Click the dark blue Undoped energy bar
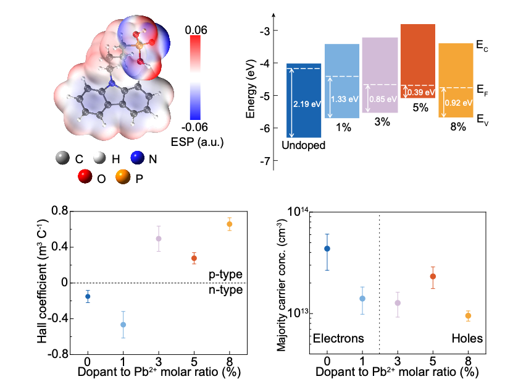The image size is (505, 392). click(x=304, y=100)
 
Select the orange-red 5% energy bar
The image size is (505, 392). click(x=418, y=61)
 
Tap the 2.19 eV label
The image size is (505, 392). click(x=307, y=104)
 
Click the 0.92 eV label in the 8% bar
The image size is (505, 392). click(x=459, y=103)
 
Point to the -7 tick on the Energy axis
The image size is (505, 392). click(x=265, y=161)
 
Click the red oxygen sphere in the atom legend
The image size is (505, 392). click(x=85, y=176)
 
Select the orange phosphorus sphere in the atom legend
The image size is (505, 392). click(x=123, y=177)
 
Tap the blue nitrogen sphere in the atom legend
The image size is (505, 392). click(x=138, y=158)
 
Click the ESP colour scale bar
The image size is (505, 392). click(x=195, y=77)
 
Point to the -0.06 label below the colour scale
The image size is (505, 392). click(x=194, y=127)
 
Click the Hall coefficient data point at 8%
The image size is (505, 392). click(x=229, y=224)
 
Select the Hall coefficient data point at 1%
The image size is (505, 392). click(x=123, y=325)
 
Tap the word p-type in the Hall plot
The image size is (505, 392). click(x=225, y=275)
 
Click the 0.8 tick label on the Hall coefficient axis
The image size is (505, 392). click(x=60, y=211)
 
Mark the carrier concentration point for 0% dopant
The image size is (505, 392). click(x=327, y=249)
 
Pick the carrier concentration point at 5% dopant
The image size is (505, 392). click(x=433, y=276)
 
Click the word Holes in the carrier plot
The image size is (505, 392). click(x=467, y=338)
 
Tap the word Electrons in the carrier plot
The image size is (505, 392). click(x=338, y=338)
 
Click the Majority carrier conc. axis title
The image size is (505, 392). click(x=282, y=285)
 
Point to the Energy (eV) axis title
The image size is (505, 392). click(x=251, y=88)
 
